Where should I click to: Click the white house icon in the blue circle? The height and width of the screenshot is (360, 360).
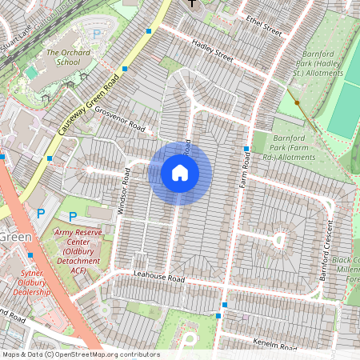180,173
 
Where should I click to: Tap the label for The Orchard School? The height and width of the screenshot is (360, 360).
62,57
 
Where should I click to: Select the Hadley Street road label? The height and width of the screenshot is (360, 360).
212,52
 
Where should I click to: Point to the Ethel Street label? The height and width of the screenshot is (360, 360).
265,25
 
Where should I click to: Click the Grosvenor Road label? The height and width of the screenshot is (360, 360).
120,118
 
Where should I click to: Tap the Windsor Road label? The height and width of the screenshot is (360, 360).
124,190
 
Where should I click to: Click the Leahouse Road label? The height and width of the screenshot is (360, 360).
159,278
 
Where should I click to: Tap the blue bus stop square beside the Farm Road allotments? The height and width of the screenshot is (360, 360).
246,150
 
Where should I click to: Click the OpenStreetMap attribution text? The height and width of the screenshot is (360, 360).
80,354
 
